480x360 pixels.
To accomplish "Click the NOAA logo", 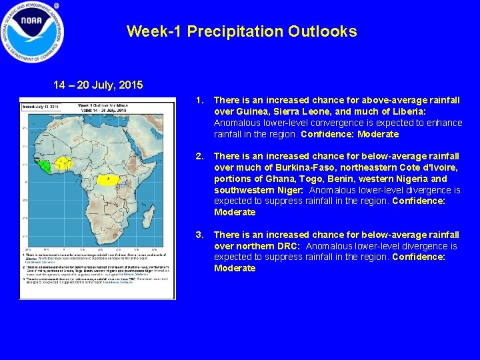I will point(33,32).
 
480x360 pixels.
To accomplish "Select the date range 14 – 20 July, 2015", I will point(98,85).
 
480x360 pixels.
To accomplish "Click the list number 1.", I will point(199,101).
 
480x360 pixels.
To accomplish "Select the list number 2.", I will point(199,157).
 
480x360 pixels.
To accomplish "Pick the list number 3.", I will point(199,235).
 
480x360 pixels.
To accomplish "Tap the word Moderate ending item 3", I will point(235,269).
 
